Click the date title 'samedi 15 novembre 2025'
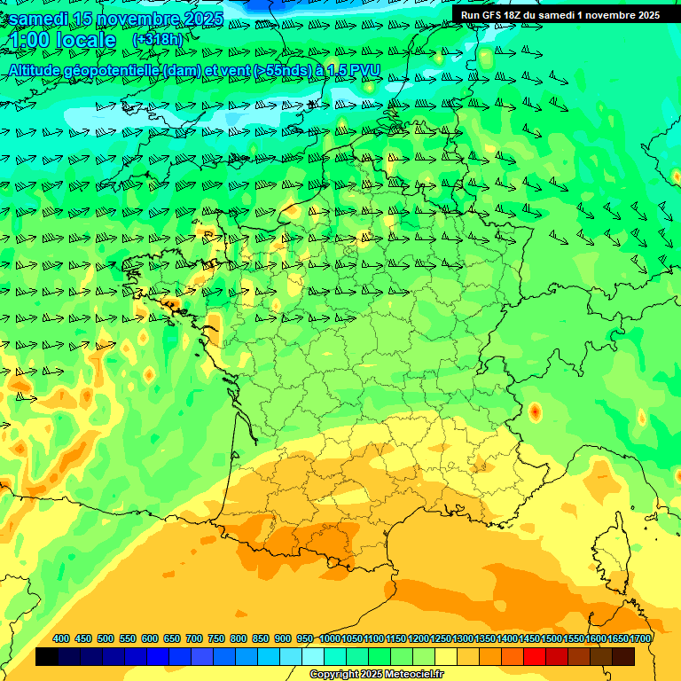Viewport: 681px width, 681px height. click(x=115, y=19)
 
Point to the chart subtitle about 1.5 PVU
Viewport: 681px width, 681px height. click(x=195, y=70)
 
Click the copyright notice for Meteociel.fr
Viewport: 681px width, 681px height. click(x=377, y=675)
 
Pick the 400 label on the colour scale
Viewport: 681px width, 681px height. click(x=61, y=639)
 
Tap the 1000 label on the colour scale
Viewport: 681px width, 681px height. click(x=330, y=639)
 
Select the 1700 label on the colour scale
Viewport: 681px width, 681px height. click(x=640, y=639)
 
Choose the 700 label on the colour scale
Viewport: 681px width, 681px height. click(x=194, y=639)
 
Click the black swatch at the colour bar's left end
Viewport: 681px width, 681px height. click(x=47, y=656)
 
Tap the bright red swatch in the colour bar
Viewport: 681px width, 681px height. click(x=535, y=656)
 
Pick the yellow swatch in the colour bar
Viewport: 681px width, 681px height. click(x=446, y=656)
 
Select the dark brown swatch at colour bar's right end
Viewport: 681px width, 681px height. click(x=623, y=656)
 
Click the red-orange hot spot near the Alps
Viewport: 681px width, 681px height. click(x=535, y=411)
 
